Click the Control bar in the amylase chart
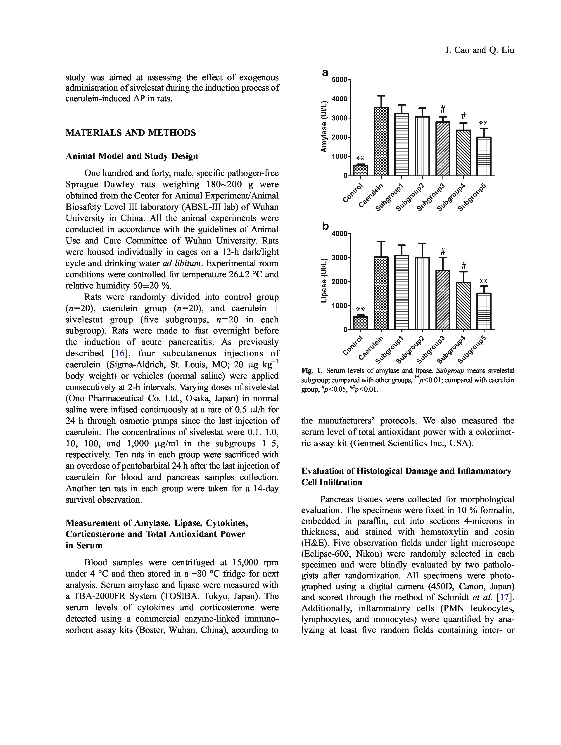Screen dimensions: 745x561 [360, 170]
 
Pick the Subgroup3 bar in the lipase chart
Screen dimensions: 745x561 [443, 300]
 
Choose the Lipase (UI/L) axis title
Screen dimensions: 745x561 [324, 280]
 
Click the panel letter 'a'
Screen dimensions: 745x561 [325, 72]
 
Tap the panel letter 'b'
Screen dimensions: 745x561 [325, 226]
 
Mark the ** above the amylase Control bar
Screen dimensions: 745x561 [360, 158]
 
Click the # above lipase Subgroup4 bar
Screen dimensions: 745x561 [463, 265]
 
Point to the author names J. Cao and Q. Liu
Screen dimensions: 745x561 [480, 50]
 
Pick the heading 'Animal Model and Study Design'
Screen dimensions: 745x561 [131, 156]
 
